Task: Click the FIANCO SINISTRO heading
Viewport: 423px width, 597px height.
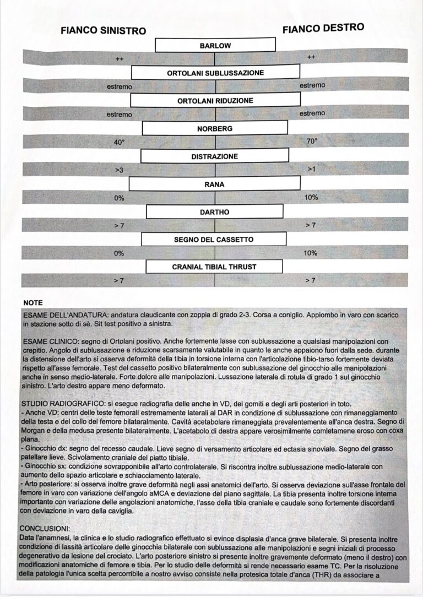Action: point(104,31)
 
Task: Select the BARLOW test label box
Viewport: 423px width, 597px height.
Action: point(215,45)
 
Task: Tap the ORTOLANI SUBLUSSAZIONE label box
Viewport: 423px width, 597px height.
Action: point(215,73)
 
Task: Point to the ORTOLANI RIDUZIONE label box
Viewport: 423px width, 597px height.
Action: point(215,101)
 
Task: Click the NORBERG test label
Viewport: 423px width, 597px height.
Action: point(215,128)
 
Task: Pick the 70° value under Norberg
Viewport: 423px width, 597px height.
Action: point(312,142)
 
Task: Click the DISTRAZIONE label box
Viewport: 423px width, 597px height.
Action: point(215,156)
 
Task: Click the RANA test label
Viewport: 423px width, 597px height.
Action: point(215,184)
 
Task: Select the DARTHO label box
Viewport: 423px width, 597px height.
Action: point(215,211)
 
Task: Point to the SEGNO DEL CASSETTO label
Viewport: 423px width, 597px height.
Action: point(214,240)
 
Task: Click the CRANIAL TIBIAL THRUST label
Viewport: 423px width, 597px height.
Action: point(214,267)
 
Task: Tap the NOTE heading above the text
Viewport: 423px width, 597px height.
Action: point(32,302)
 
